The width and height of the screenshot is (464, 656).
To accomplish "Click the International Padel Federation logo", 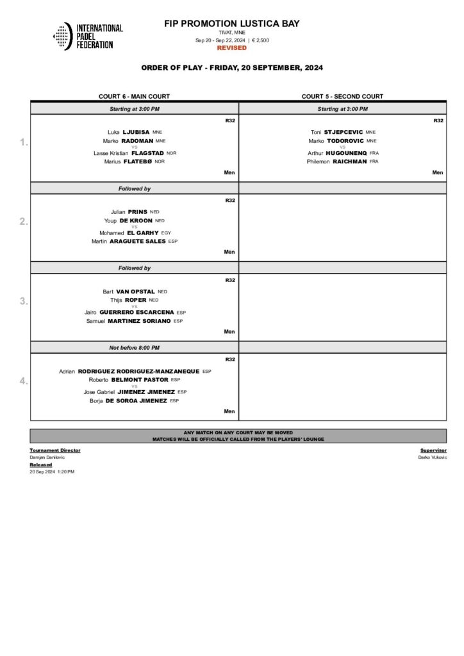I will (x=88, y=37).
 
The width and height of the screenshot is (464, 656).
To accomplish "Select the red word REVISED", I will (x=231, y=48).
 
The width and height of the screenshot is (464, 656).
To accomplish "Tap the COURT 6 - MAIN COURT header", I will (x=134, y=97).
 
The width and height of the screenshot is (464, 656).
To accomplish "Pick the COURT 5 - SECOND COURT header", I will (x=342, y=97).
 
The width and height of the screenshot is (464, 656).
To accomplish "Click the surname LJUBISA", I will (x=136, y=132).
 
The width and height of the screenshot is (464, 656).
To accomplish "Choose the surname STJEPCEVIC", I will (x=344, y=132).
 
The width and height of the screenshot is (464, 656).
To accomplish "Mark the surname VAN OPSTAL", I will (x=135, y=291).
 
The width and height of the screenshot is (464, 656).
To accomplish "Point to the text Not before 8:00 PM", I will (x=134, y=347).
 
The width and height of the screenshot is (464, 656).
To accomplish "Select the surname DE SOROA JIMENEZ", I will (x=137, y=400).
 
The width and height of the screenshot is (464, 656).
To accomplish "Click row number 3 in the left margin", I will (x=24, y=302).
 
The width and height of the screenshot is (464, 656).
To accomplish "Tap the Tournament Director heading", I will (x=55, y=450).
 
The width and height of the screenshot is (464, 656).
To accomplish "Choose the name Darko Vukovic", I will (x=433, y=457).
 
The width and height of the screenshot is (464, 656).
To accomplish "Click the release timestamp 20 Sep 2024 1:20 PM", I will (x=52, y=471).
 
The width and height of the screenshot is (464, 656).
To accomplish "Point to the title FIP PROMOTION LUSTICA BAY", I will (x=231, y=24).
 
